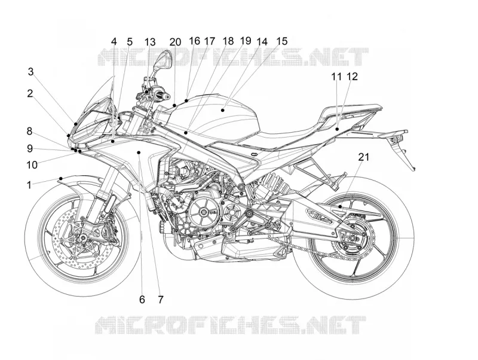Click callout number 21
tap(363, 157)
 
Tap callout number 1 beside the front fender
tap(29, 185)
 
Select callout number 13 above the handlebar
tap(150, 42)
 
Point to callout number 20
tap(175, 42)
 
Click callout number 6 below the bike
tap(142, 300)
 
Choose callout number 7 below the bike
tap(161, 300)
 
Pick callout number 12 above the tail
tap(352, 77)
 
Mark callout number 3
tap(31, 72)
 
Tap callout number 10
tap(32, 165)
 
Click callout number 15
tap(281, 41)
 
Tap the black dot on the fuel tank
tap(223, 110)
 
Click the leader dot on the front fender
tap(61, 178)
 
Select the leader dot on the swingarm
tap(340, 207)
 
